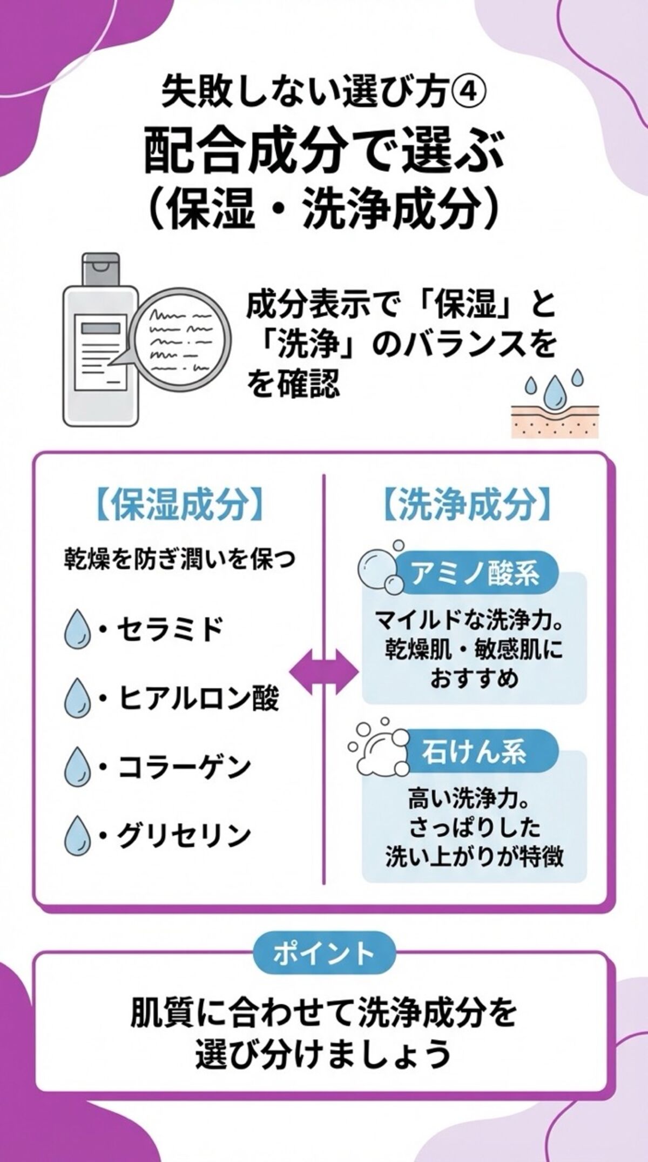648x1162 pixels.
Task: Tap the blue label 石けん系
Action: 474,751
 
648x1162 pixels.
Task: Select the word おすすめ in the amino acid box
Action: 474,679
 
